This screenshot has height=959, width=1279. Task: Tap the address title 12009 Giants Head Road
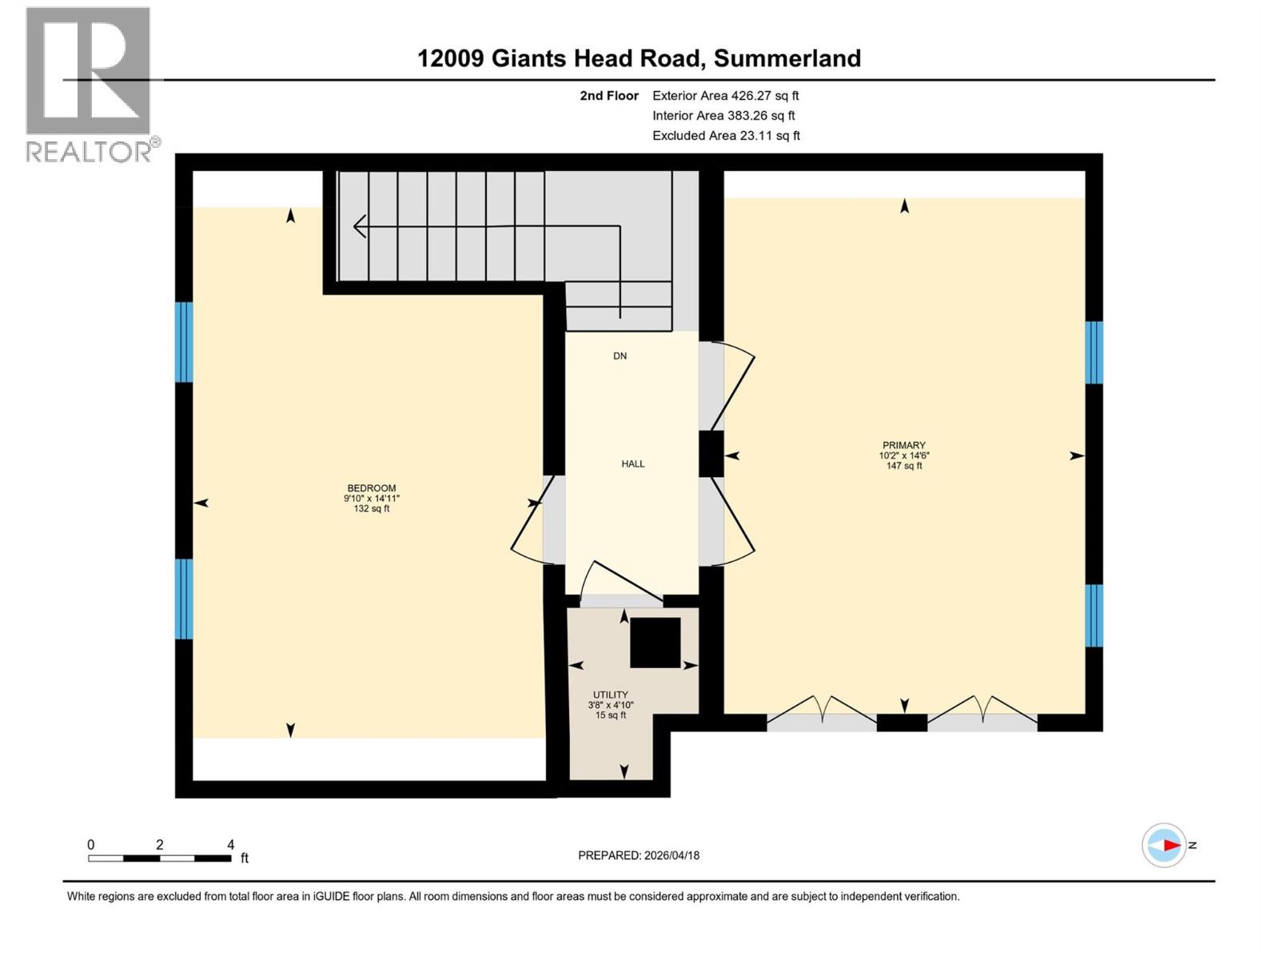pos(639,58)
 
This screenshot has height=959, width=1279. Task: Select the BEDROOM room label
pos(371,488)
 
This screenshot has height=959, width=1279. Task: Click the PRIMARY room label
pos(903,445)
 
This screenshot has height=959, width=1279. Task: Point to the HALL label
pos(632,464)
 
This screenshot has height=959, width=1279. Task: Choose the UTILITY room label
pos(610,694)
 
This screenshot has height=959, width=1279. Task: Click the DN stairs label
pos(620,356)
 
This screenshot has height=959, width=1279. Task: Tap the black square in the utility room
pos(655,642)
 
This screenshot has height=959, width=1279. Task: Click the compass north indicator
pos(1164,845)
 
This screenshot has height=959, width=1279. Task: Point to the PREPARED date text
pos(639,855)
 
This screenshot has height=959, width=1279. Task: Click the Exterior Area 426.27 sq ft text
pos(725,95)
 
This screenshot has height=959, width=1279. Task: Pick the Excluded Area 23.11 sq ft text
pos(726,135)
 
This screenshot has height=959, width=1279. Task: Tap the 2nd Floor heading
pos(609,95)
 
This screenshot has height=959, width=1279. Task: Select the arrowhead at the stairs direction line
pos(360,226)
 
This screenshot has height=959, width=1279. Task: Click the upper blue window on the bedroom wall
pos(184,342)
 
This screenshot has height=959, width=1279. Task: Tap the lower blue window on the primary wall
pos(1094,615)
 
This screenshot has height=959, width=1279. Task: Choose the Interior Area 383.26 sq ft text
pos(723,115)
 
